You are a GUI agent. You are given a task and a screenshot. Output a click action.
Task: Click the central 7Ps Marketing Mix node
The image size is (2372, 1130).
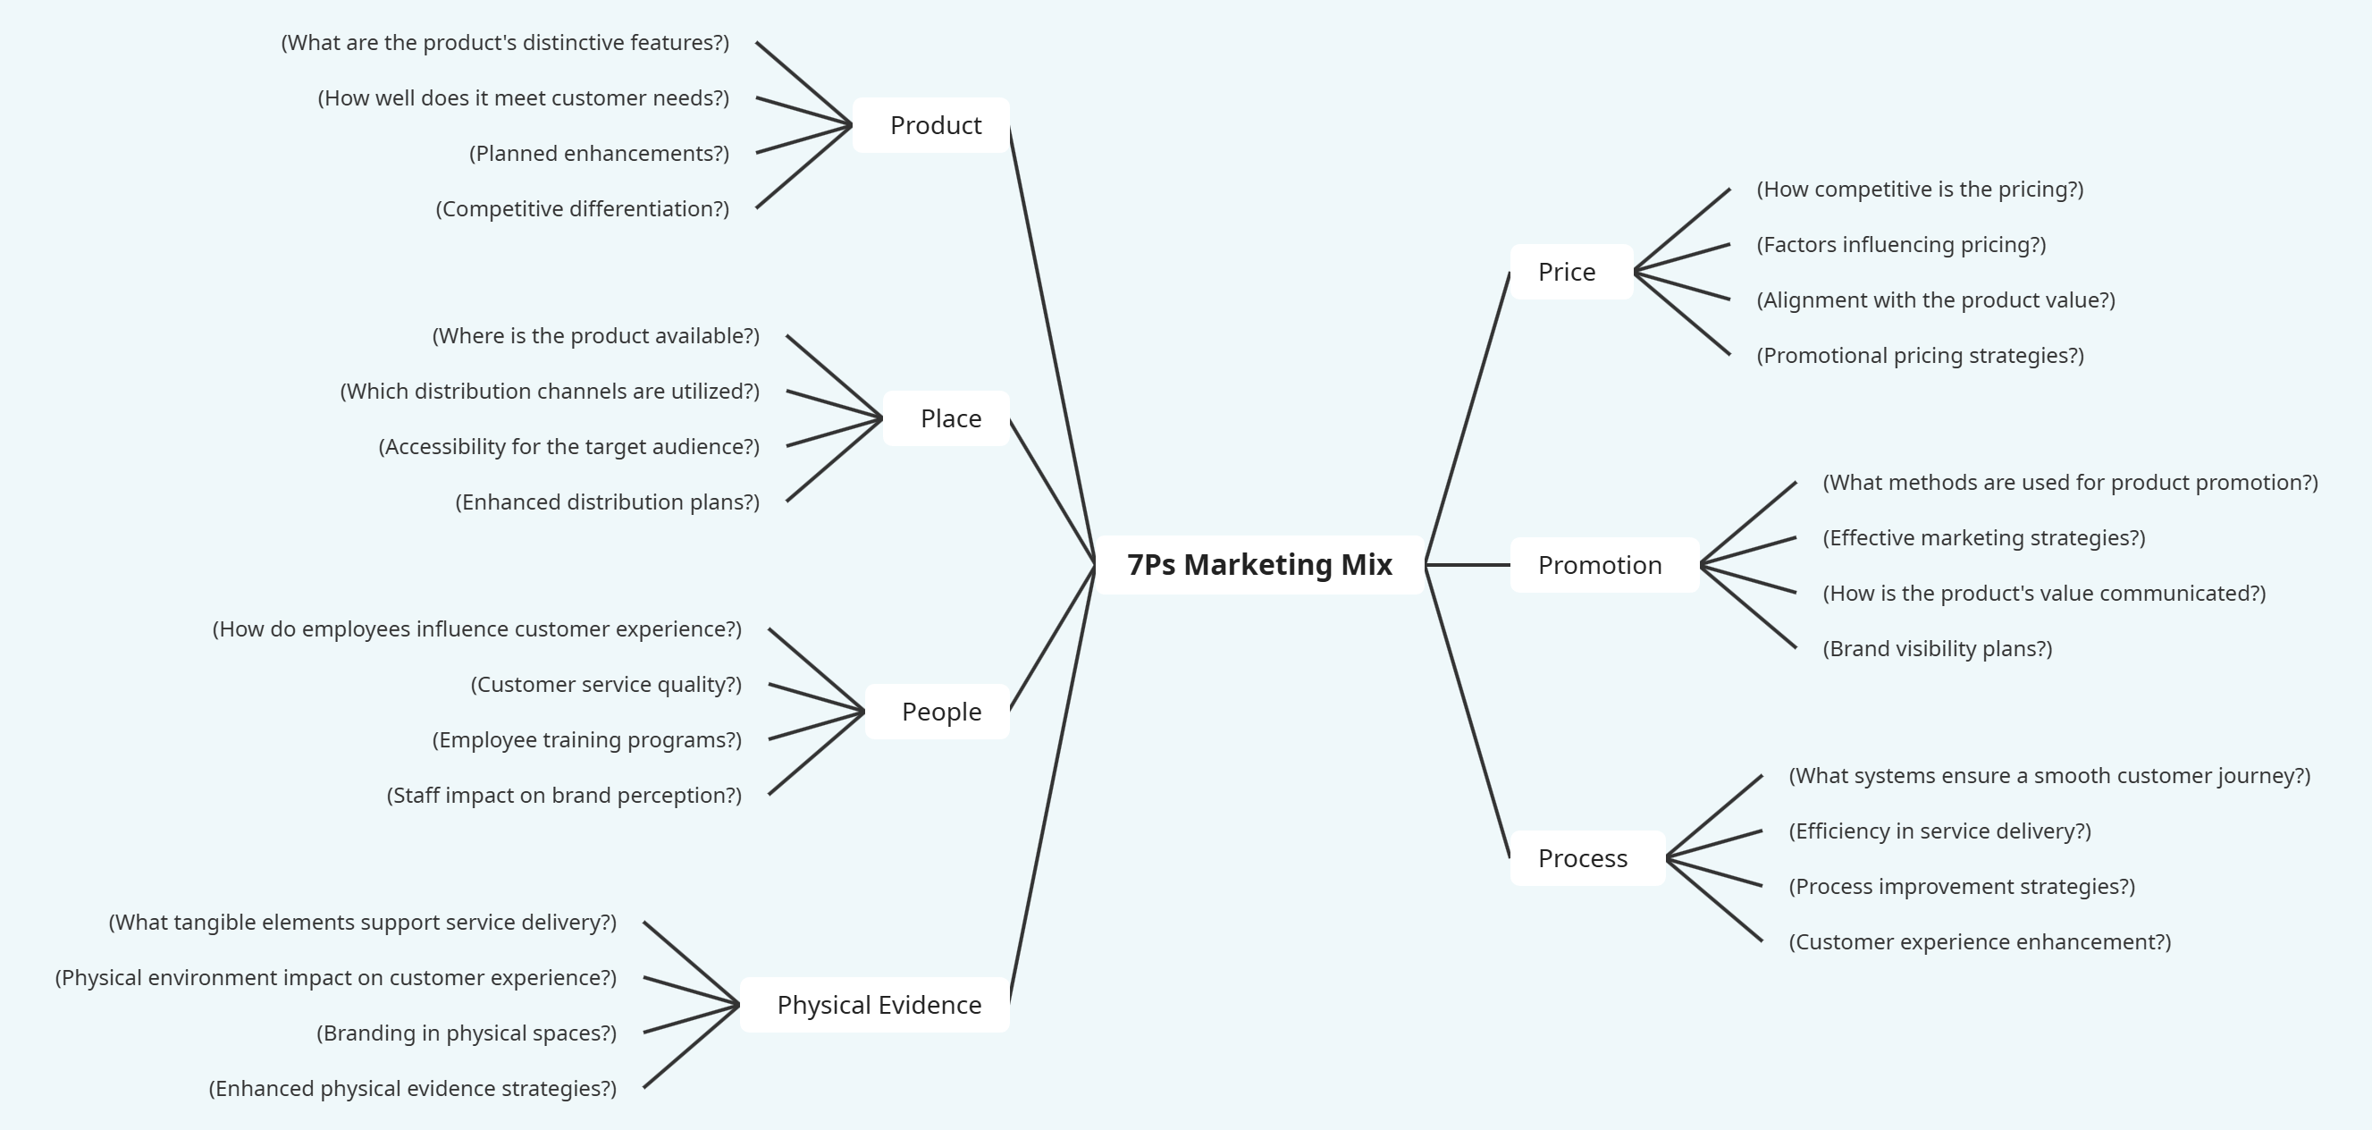click(x=1258, y=564)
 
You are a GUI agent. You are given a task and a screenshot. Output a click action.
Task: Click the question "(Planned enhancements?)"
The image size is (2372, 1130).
click(x=599, y=153)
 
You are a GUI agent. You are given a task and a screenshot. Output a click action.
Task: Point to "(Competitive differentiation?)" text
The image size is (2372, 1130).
click(x=582, y=209)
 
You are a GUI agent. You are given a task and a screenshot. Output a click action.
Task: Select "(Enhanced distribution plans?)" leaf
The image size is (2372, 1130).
click(x=607, y=502)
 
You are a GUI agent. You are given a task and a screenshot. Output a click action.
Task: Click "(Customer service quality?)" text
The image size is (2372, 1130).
click(x=606, y=684)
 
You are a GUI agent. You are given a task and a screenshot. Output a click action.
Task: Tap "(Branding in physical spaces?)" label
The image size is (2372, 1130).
click(x=466, y=1033)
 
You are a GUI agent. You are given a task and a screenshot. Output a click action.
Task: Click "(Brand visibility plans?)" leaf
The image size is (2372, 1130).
click(x=1938, y=648)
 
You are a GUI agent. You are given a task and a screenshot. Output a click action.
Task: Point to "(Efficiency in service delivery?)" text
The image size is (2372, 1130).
click(x=1939, y=831)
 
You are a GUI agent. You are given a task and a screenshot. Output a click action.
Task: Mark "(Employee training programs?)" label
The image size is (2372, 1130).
click(x=586, y=739)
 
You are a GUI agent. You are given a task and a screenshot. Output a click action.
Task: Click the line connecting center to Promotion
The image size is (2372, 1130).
click(x=1468, y=564)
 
